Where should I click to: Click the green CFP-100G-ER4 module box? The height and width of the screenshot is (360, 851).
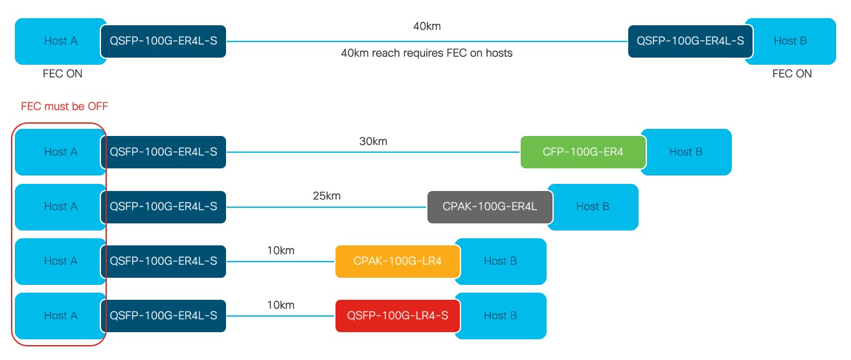pos(583,152)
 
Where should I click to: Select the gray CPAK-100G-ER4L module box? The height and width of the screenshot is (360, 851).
pos(490,207)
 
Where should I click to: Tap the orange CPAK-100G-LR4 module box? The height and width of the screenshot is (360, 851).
pos(398,261)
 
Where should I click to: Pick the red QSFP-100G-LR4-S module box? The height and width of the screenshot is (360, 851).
pos(398,315)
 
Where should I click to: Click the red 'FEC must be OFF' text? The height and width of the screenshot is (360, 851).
pos(64,107)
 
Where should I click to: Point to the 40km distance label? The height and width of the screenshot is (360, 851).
pos(427,27)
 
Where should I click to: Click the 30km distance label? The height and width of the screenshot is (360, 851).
pos(373,141)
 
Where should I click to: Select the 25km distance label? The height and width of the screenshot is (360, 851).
pos(326,195)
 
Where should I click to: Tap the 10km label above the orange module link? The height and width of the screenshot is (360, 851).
pos(280,250)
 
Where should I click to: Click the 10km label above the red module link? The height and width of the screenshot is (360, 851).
pos(280,304)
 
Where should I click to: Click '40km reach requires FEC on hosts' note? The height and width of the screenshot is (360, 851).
pos(426,53)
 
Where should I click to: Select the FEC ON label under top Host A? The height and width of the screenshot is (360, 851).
pos(62,74)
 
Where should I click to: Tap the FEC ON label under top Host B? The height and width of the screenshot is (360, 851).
pos(791,74)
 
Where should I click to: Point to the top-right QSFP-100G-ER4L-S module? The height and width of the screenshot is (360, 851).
pos(690,41)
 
